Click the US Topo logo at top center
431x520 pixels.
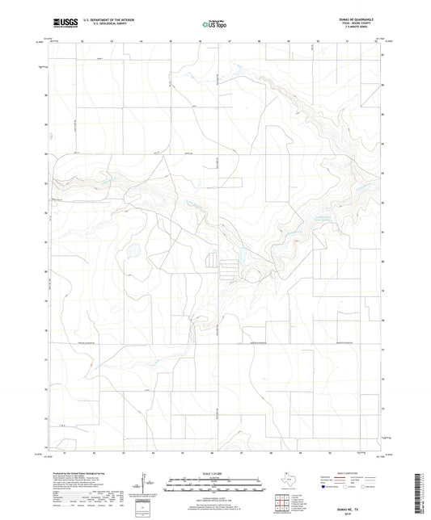(x=213, y=25)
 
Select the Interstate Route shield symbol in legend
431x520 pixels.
(x=325, y=488)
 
